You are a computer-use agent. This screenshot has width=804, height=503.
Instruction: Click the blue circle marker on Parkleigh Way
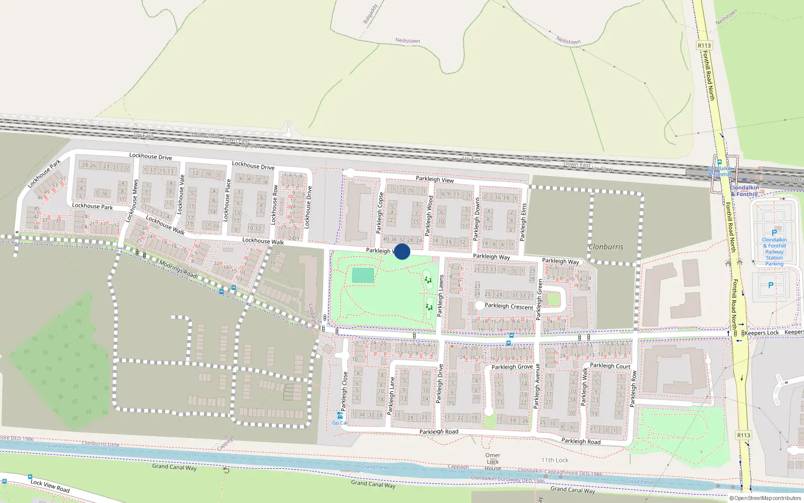(x=402, y=251)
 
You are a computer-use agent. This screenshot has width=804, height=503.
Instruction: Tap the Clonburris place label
(x=606, y=247)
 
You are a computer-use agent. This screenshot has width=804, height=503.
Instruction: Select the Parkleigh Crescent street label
(x=509, y=306)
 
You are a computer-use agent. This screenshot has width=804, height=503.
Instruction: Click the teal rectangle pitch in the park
(x=363, y=276)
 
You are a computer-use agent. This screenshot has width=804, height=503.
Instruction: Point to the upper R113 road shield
(x=705, y=45)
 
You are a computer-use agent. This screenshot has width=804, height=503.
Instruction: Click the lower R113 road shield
(x=744, y=435)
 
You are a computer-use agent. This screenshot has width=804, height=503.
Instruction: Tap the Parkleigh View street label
(x=435, y=180)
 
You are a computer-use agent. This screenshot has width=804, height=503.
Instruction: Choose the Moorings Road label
(x=177, y=269)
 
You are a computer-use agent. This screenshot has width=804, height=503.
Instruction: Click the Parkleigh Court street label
(x=610, y=366)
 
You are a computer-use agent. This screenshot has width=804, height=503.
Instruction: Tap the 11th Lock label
(x=555, y=460)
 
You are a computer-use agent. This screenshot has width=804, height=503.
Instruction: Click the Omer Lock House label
(x=492, y=462)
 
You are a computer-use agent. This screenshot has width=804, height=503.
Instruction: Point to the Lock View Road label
(x=50, y=485)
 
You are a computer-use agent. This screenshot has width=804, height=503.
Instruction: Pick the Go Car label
(x=340, y=423)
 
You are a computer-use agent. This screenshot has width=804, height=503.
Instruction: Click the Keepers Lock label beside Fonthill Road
(x=761, y=332)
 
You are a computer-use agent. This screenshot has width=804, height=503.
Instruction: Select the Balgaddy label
(x=370, y=14)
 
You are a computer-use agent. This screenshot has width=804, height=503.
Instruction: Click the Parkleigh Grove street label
(x=512, y=367)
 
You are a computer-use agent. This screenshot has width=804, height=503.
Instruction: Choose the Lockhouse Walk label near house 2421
(x=263, y=241)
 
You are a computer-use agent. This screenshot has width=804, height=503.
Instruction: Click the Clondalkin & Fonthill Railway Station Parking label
(x=774, y=251)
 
